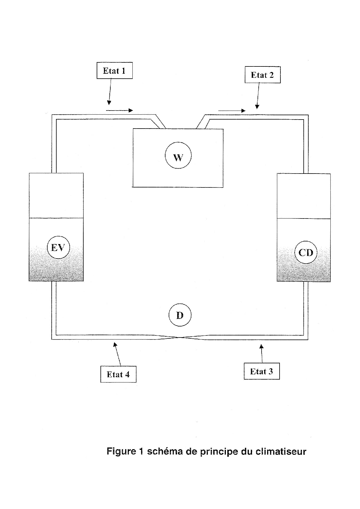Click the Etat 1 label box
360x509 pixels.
(114, 71)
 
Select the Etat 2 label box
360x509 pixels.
(262, 75)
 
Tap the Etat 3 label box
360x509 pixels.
(262, 371)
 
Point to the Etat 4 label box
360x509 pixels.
(118, 374)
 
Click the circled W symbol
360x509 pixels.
(178, 156)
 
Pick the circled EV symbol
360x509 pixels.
(58, 248)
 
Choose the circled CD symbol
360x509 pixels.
(306, 252)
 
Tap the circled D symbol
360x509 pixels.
(180, 315)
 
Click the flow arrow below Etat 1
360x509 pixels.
(119, 110)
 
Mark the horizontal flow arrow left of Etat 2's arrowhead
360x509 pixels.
(232, 111)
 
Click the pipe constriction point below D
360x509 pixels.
(180, 337)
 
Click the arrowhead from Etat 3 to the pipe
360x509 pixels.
(261, 346)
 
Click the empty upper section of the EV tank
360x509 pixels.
(56, 195)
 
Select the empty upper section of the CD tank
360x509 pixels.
(304, 196)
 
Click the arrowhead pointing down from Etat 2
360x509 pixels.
(257, 107)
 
